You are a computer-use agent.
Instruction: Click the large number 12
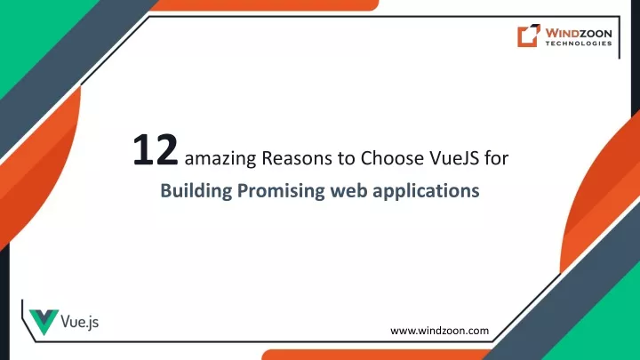pyautogui.click(x=156, y=150)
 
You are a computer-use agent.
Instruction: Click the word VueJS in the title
pyautogui.click(x=454, y=157)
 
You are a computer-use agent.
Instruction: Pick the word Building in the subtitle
pyautogui.click(x=196, y=191)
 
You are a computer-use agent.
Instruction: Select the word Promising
pyautogui.click(x=281, y=191)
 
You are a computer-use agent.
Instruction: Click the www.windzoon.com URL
pyautogui.click(x=440, y=331)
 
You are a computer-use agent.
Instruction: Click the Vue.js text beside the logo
pyautogui.click(x=80, y=322)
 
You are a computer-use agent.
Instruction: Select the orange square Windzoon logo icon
pyautogui.click(x=529, y=36)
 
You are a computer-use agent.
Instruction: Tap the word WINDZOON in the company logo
pyautogui.click(x=579, y=33)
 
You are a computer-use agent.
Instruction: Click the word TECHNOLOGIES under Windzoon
pyautogui.click(x=579, y=44)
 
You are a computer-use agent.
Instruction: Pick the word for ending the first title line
pyautogui.click(x=496, y=157)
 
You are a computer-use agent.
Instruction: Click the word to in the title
pyautogui.click(x=346, y=158)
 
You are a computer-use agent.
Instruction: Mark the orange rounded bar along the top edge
pyautogui.click(x=265, y=5)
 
